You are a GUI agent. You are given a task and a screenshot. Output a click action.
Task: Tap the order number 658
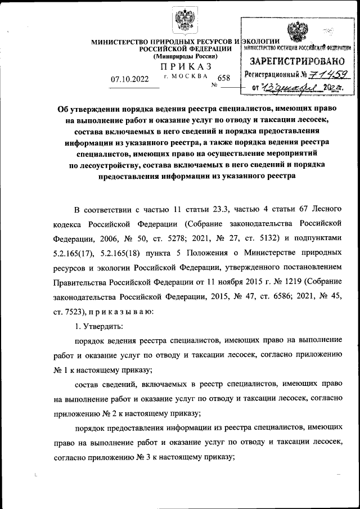point(223,79)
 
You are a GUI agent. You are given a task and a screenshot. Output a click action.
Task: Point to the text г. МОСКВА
point(185,76)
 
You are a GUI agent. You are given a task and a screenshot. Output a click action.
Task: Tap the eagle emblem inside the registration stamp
point(297,31)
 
